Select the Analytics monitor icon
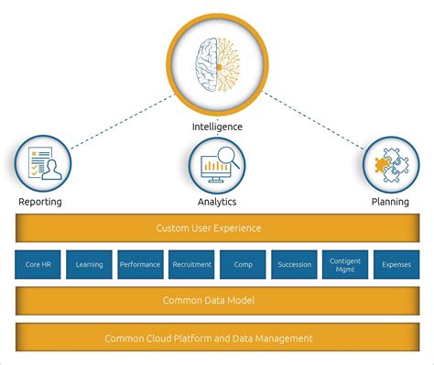(x=217, y=165)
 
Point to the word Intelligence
(x=216, y=127)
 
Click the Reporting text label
(x=40, y=202)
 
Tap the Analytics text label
(x=217, y=202)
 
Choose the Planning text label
(x=390, y=202)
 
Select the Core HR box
(x=38, y=265)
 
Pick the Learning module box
(x=89, y=265)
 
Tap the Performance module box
(x=140, y=265)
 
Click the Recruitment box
(x=191, y=265)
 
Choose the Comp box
(x=243, y=265)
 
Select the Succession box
(x=294, y=265)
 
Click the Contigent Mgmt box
(x=345, y=265)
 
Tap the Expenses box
(x=396, y=265)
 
